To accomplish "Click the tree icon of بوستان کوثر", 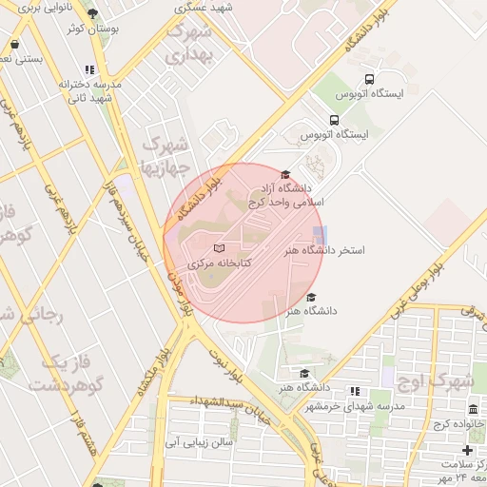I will pos(92,13).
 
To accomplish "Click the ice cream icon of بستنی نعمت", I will pos(14,44).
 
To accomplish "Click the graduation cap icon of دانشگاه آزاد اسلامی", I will pos(284,173).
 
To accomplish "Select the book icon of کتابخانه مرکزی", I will pos(219,248).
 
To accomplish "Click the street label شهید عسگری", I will pos(209,8).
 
